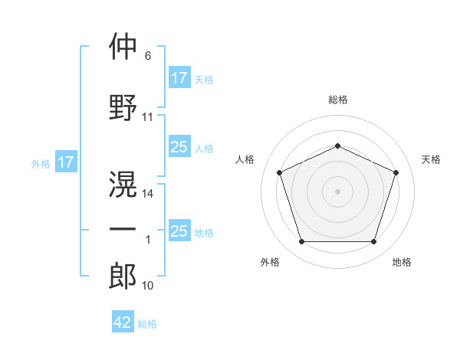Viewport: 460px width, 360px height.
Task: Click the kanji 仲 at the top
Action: coord(123,47)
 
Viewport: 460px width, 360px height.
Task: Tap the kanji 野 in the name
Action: coord(123,106)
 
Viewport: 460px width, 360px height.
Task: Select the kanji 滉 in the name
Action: coord(123,182)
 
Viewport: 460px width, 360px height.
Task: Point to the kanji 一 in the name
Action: coord(123,229)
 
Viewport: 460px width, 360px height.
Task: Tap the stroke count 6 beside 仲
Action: coord(148,57)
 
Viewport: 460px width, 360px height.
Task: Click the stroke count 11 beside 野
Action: coord(148,117)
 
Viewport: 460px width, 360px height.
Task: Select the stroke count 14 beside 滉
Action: coord(148,193)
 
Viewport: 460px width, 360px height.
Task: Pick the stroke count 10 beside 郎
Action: coord(148,286)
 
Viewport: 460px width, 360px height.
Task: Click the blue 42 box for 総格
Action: coord(123,322)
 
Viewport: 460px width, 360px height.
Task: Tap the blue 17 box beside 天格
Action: coord(179,78)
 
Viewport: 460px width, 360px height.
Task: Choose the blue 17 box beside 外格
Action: coord(65,162)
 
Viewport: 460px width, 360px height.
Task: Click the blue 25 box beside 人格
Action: coord(179,147)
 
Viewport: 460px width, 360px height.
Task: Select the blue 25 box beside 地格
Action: coord(179,231)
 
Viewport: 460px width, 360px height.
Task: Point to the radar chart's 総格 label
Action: coord(337,100)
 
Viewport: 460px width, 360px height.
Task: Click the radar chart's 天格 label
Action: coord(431,159)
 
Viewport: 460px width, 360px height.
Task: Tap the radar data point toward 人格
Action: coord(279,172)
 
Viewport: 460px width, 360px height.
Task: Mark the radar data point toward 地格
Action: coord(373,242)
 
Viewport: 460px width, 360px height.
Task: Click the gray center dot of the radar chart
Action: coord(337,191)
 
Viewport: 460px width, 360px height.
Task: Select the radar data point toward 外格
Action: coord(301,242)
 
